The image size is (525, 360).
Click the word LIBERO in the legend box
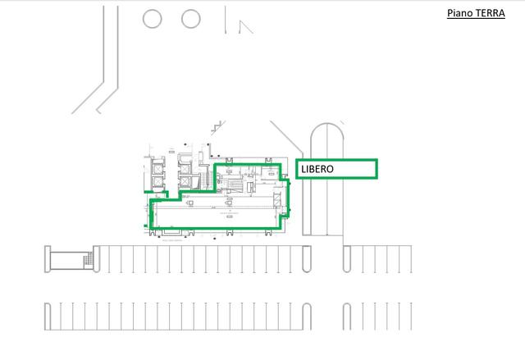point(316,169)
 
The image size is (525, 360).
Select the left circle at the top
point(153,18)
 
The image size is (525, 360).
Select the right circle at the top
point(190,18)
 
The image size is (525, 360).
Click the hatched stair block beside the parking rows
point(88,260)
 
